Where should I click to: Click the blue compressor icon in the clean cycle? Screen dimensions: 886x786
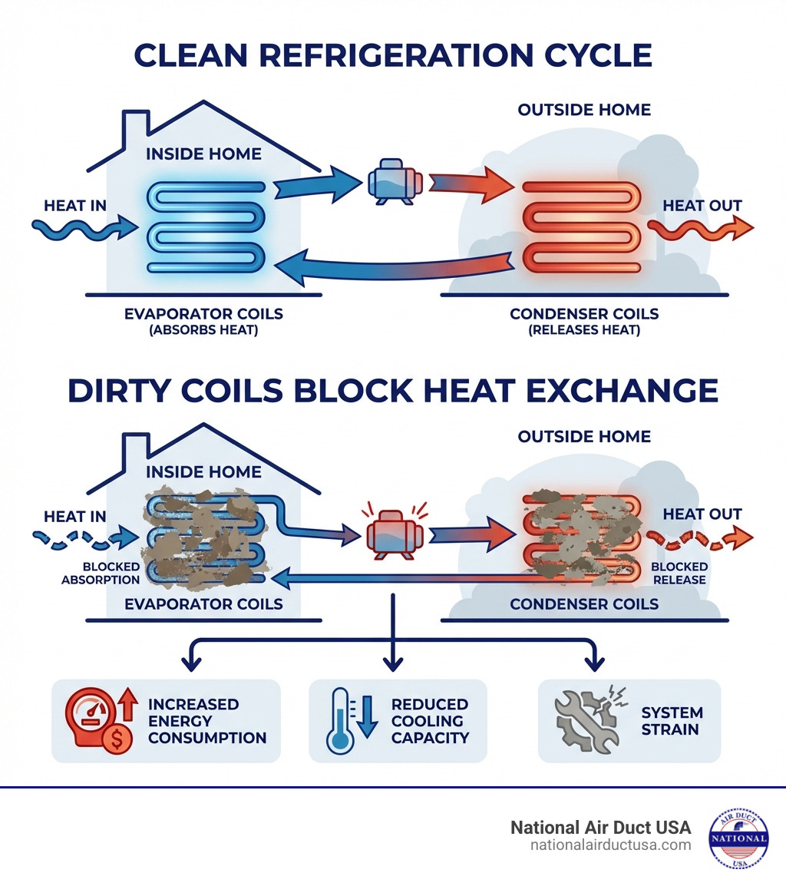391,182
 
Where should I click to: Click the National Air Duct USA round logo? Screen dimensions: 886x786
738,838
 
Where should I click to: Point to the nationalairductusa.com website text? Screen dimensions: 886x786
610,845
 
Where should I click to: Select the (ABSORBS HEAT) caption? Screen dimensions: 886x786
203,330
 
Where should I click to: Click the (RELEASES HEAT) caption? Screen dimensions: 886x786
584,330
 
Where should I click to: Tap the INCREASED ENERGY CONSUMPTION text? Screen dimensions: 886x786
206,721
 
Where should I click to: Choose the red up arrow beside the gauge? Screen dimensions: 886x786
128,703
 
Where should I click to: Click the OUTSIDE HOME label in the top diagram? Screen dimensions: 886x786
584,110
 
